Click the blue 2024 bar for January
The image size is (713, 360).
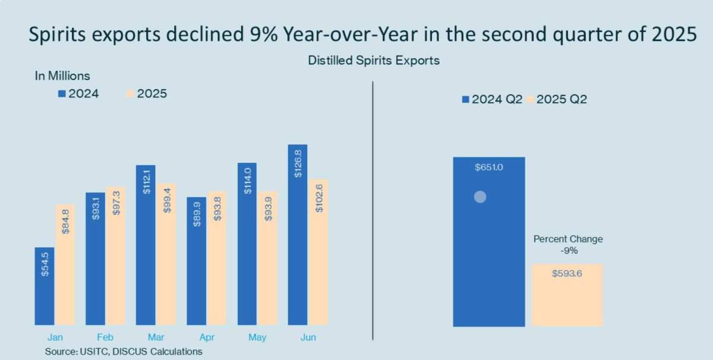[x=45, y=286]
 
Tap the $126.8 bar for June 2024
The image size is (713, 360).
[x=298, y=235]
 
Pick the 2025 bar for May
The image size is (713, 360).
[x=268, y=258]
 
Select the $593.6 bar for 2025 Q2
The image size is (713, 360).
[x=567, y=295]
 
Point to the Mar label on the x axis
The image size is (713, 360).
[x=156, y=337]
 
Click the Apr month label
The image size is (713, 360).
[x=206, y=337]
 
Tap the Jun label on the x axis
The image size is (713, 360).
[x=308, y=337]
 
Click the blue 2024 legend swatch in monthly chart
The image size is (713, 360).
[x=61, y=94]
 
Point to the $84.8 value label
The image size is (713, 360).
[x=66, y=221]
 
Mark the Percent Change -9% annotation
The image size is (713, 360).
[x=567, y=245]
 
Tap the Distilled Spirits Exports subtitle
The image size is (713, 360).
[x=374, y=61]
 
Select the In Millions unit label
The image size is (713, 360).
[x=62, y=76]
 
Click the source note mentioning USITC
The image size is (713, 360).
[x=123, y=352]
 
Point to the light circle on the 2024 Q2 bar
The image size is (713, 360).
[x=480, y=197]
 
